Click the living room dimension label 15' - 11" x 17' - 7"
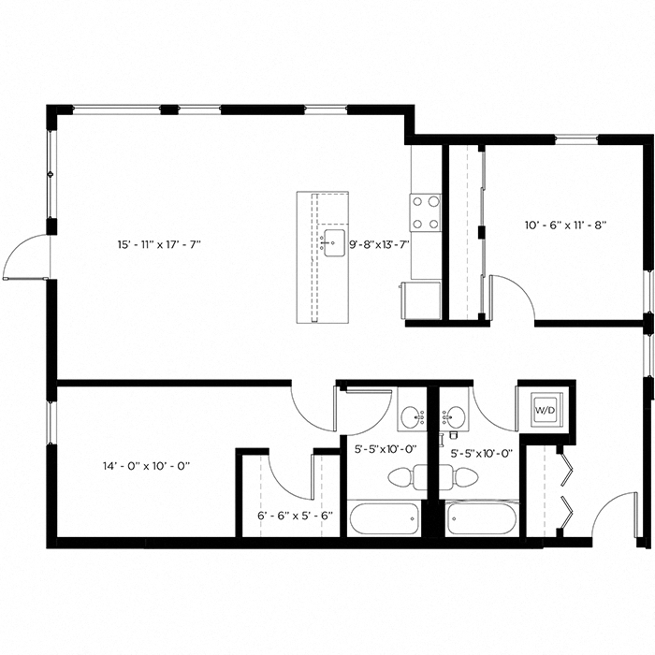(159, 244)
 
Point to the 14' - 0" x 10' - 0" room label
(148, 465)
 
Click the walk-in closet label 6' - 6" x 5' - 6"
(295, 514)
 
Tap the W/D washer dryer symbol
(544, 409)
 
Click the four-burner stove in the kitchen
(426, 211)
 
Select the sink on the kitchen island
(332, 242)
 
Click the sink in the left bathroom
(411, 415)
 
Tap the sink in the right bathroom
(456, 415)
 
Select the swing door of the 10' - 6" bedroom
(513, 298)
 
